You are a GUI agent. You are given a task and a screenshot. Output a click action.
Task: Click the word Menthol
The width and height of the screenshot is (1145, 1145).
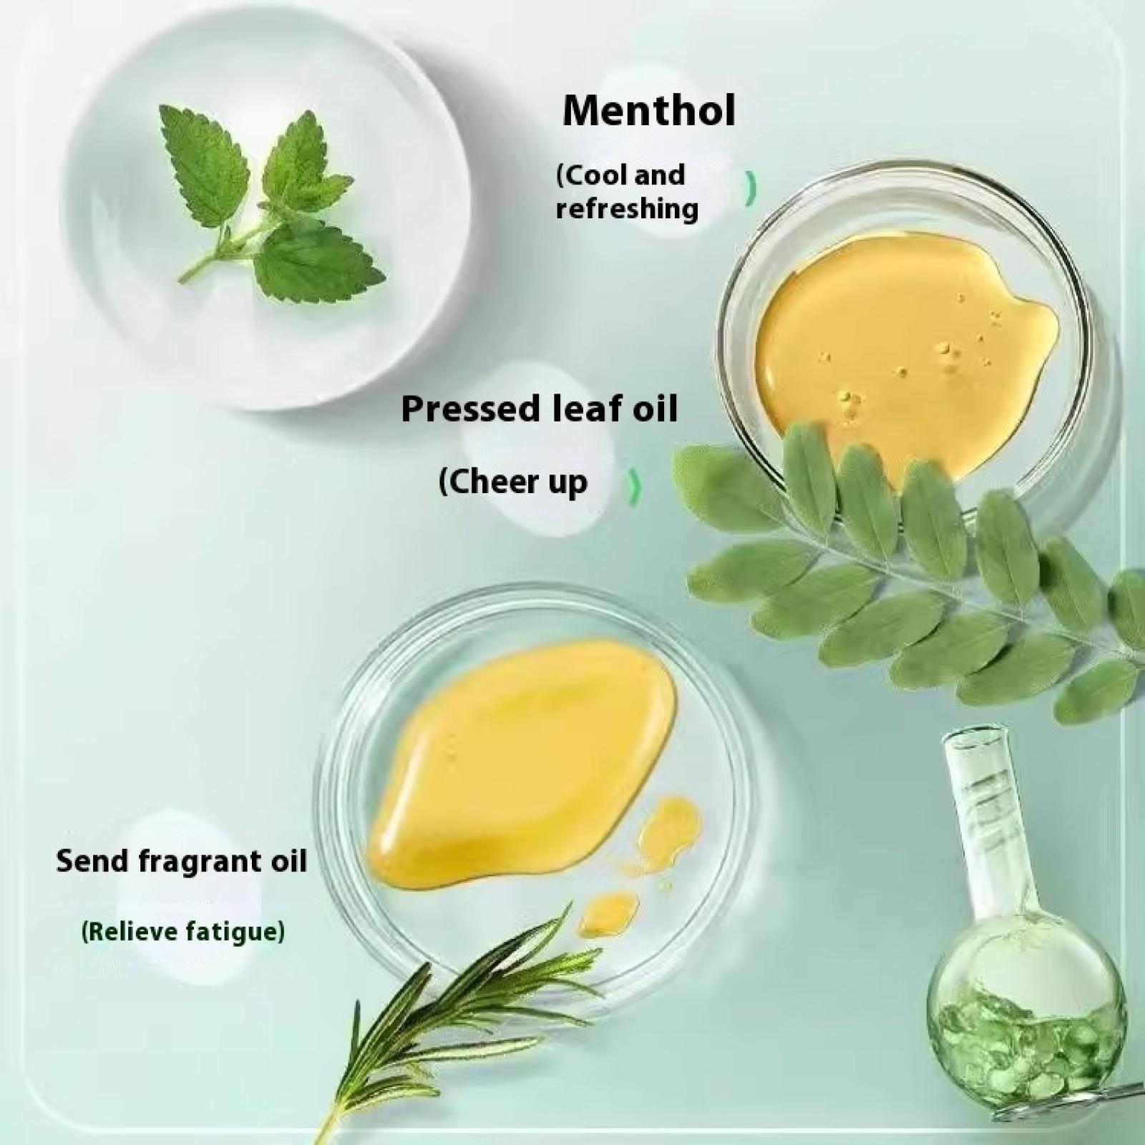click(x=648, y=111)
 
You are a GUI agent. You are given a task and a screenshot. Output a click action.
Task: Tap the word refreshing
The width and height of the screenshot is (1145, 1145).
click(x=627, y=210)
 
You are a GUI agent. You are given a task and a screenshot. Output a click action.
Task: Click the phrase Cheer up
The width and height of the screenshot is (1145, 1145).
click(x=512, y=482)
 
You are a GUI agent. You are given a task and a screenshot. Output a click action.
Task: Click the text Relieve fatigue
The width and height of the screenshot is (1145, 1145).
click(x=182, y=932)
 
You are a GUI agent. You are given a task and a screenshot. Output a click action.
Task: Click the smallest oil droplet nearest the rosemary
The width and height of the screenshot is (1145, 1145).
click(x=607, y=912)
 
